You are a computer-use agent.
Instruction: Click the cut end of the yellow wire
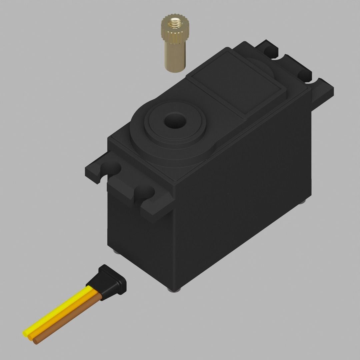25,333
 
